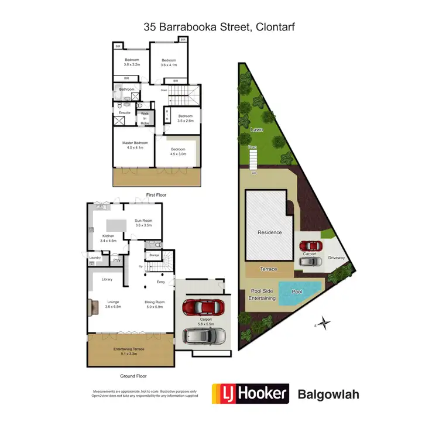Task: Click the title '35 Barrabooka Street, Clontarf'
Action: [x=219, y=27]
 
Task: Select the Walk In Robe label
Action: [x=145, y=119]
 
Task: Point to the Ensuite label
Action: [x=124, y=112]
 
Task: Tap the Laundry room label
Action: [x=96, y=257]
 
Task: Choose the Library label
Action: [x=107, y=279]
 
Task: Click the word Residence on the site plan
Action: [x=270, y=232]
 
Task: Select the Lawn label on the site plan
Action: [x=256, y=129]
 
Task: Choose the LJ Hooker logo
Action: [x=250, y=393]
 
